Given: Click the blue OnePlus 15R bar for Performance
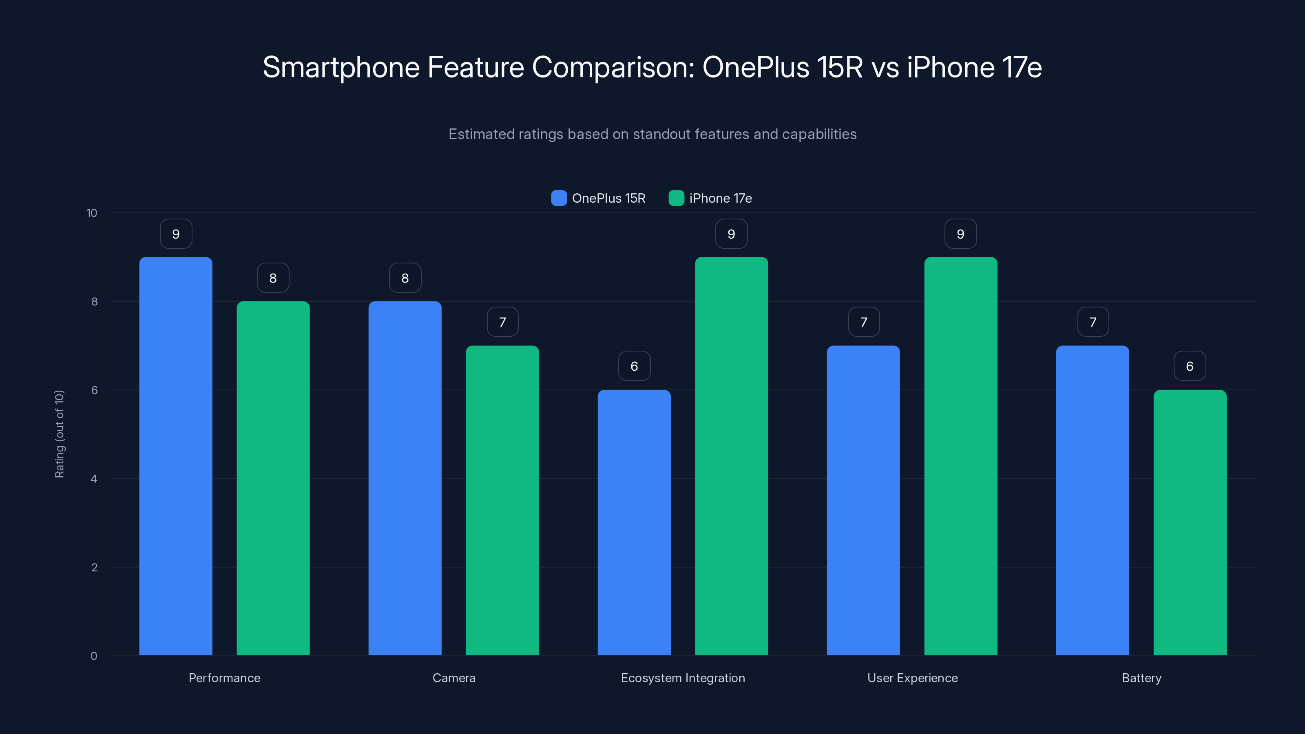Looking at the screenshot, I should (175, 456).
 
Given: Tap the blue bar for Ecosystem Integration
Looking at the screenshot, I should (634, 522).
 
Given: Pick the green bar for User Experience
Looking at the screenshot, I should (960, 456).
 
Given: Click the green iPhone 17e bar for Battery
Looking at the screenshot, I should (1190, 522).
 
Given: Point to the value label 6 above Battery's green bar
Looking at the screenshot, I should (1190, 366).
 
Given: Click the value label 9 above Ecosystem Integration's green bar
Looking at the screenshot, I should (731, 234).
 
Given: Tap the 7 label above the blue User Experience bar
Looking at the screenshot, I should (864, 322).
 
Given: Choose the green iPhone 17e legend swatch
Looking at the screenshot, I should (676, 198).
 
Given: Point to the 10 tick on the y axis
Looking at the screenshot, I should (92, 213).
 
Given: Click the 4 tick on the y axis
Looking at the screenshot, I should (94, 479).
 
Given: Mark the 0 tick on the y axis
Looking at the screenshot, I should (94, 656).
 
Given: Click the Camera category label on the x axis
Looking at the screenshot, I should (454, 678).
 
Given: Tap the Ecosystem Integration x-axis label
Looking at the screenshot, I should (683, 678).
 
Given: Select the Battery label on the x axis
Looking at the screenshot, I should (1141, 678).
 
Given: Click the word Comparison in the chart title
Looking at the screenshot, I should (613, 67).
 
